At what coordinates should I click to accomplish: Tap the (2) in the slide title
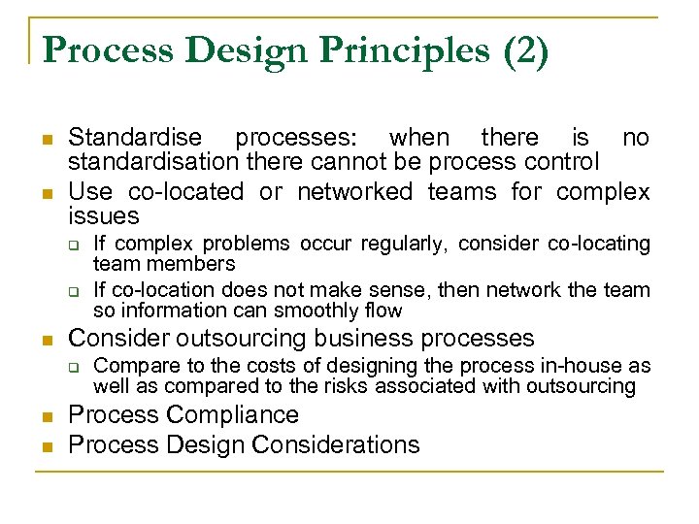(x=524, y=50)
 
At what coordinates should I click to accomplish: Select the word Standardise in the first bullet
(x=136, y=138)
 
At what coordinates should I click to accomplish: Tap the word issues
(x=104, y=215)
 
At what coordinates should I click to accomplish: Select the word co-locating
(x=596, y=244)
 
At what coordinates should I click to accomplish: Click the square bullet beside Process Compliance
(x=46, y=415)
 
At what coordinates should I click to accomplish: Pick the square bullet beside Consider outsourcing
(x=46, y=339)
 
